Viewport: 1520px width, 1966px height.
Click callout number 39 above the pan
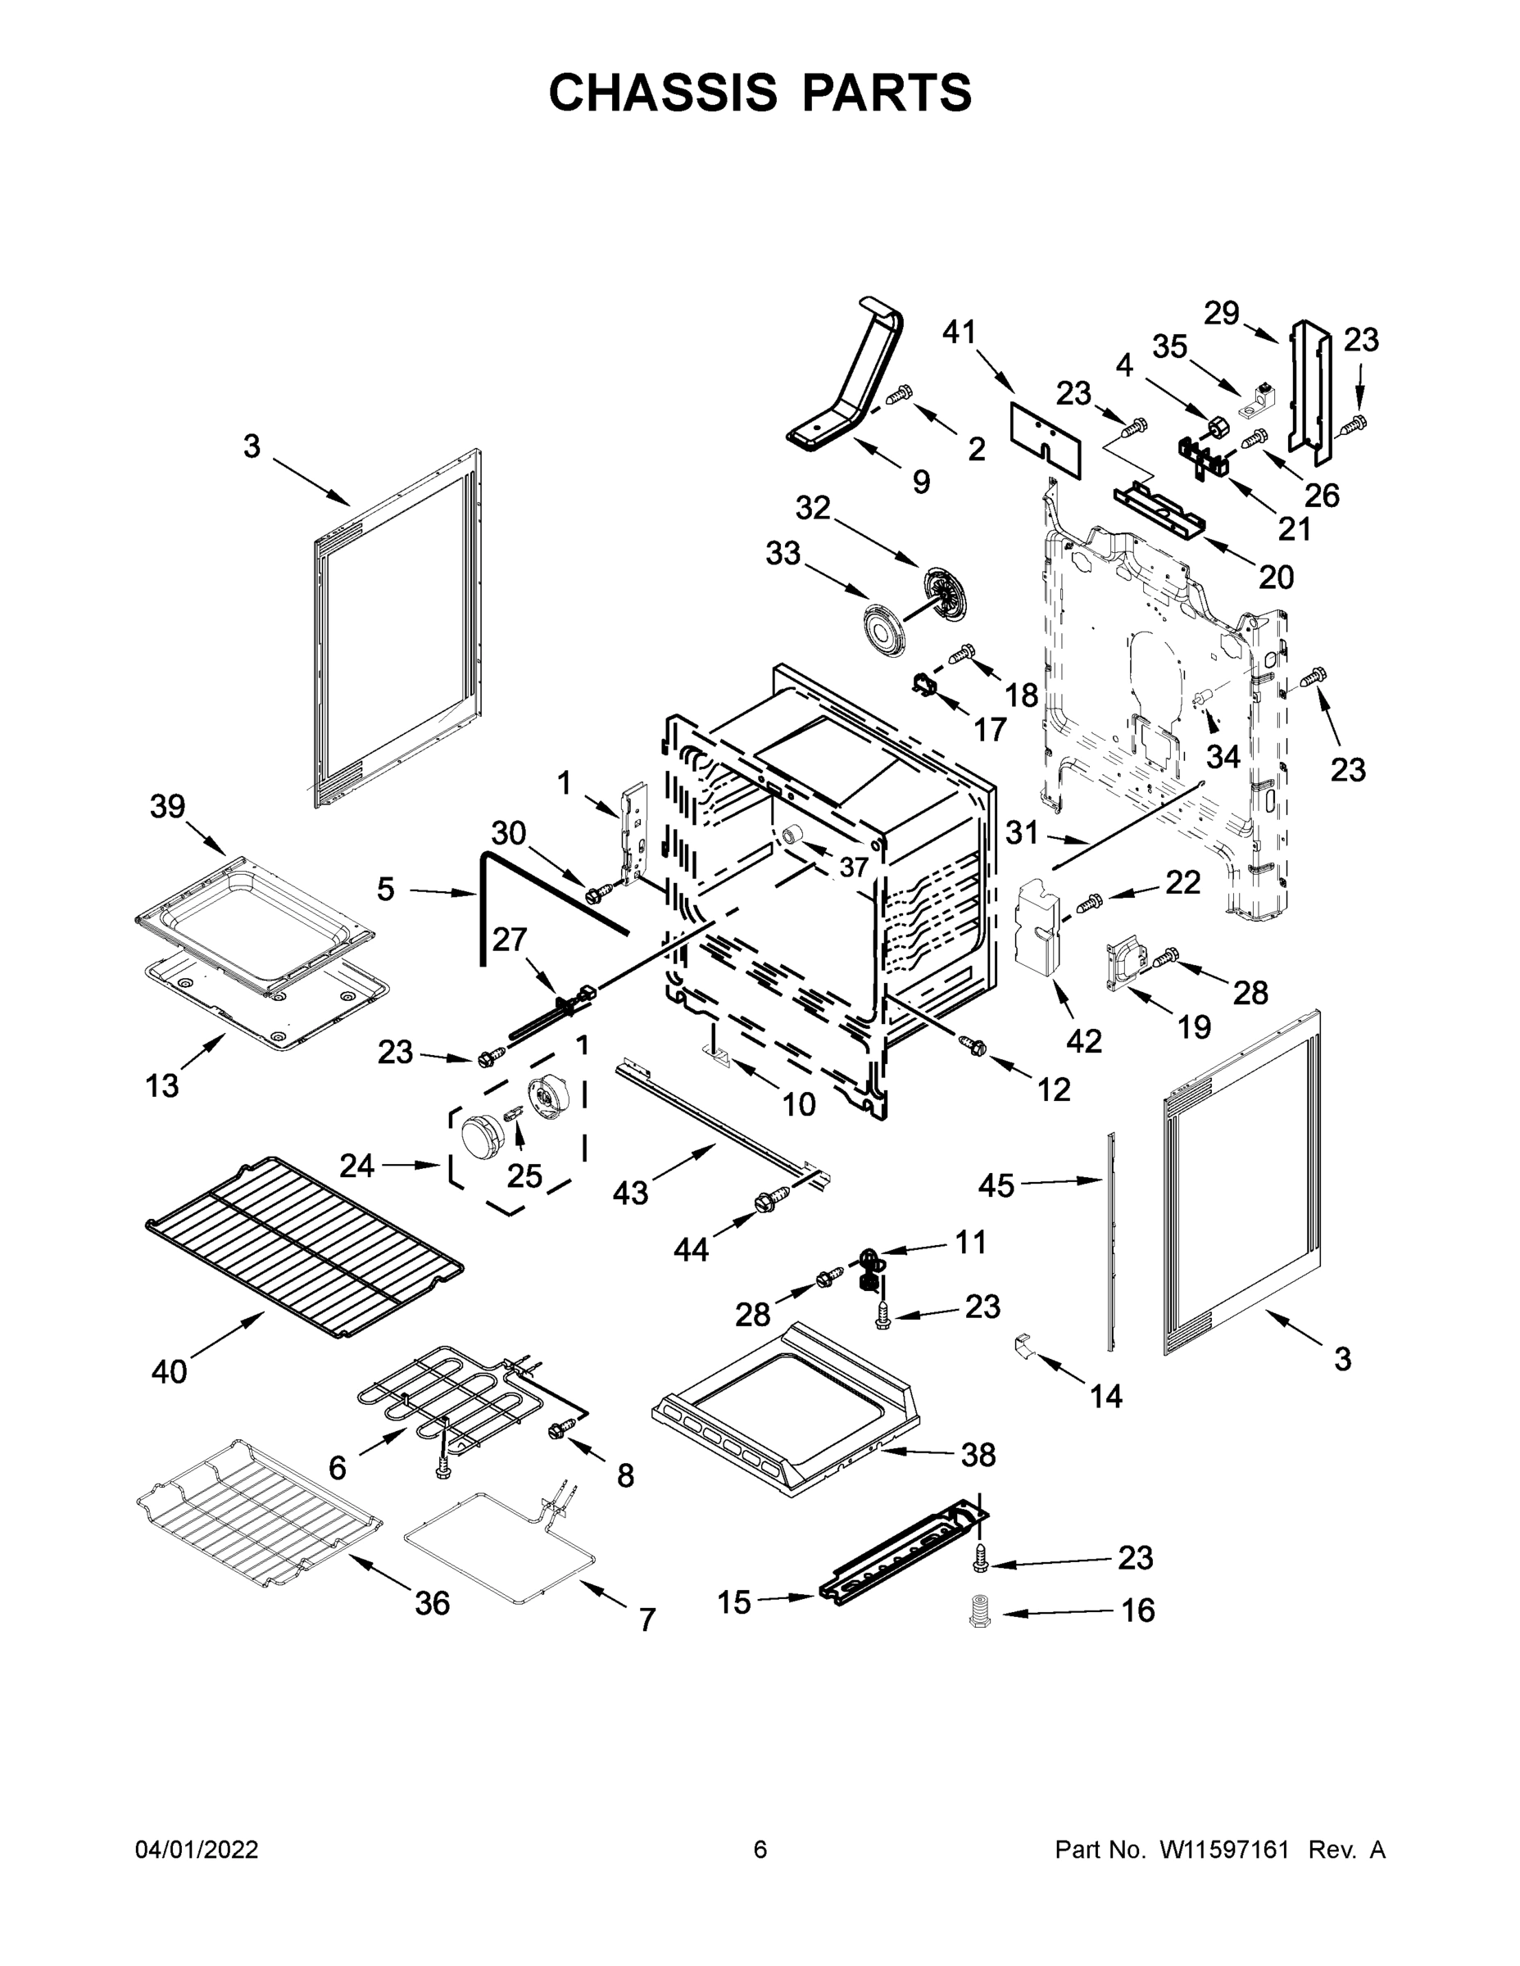pyautogui.click(x=167, y=807)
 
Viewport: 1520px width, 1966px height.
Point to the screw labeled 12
pyautogui.click(x=973, y=1045)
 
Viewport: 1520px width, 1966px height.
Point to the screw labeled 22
pyautogui.click(x=1089, y=899)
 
